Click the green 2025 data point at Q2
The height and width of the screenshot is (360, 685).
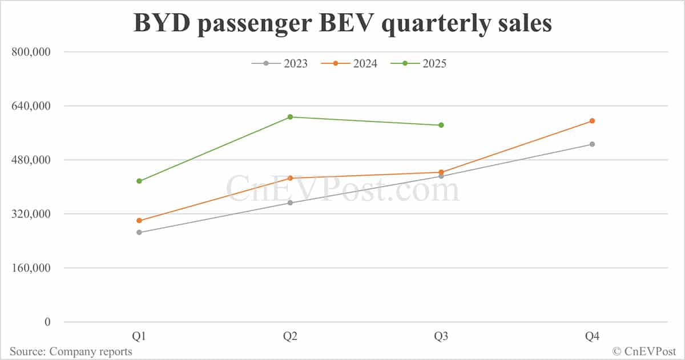pyautogui.click(x=290, y=117)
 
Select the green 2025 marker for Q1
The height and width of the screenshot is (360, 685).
pyautogui.click(x=139, y=181)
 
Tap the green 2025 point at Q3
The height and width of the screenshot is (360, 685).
pyautogui.click(x=441, y=125)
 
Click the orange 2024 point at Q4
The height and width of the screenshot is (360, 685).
pyautogui.click(x=593, y=121)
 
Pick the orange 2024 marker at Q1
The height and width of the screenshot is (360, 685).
pyautogui.click(x=139, y=221)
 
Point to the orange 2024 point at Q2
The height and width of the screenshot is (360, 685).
pyautogui.click(x=290, y=178)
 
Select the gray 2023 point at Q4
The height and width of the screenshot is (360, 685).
pyautogui.click(x=593, y=144)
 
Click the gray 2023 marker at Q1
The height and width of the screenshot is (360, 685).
pyautogui.click(x=139, y=233)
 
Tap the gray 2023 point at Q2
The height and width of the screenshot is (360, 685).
pyautogui.click(x=290, y=203)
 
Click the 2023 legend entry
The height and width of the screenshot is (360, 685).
pyautogui.click(x=280, y=63)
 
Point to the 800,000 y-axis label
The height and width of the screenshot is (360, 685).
pyautogui.click(x=32, y=52)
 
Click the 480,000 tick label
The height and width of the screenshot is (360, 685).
pyautogui.click(x=32, y=160)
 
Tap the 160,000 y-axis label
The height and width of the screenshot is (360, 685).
pyautogui.click(x=32, y=268)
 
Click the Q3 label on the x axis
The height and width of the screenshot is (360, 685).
pyautogui.click(x=441, y=337)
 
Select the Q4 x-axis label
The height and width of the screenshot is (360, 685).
pyautogui.click(x=593, y=337)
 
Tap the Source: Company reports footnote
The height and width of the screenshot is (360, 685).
pyautogui.click(x=71, y=351)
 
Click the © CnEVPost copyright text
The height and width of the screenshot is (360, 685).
pyautogui.click(x=644, y=351)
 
